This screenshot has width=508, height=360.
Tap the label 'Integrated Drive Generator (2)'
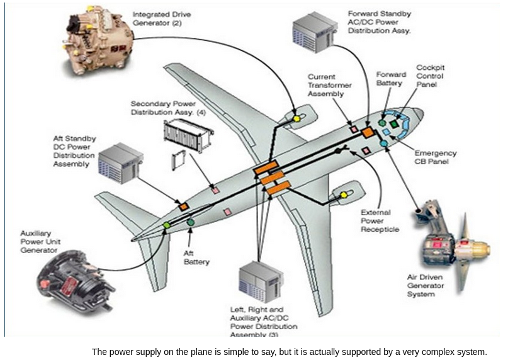(162, 18)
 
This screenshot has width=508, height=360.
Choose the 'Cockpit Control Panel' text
(431, 76)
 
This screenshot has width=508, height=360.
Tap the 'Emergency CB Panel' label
(435, 157)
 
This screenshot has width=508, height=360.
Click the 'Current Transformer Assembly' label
(329, 86)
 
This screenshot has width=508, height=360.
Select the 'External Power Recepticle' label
(380, 221)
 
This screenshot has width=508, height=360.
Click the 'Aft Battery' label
(196, 257)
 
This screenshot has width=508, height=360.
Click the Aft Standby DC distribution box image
(120, 163)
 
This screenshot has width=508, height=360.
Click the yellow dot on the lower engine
(344, 195)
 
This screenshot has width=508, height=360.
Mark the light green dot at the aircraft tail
(166, 225)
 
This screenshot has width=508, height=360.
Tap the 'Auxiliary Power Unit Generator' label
(40, 242)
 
